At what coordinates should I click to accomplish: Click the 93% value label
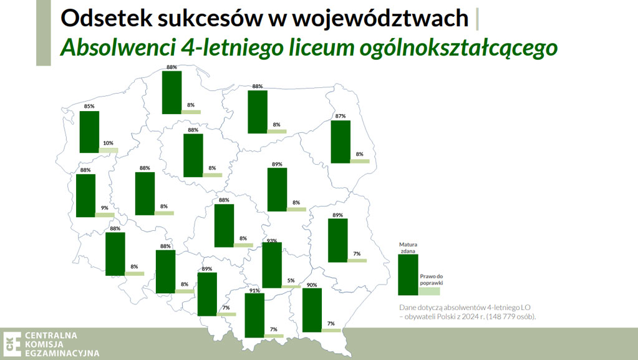point(271,240)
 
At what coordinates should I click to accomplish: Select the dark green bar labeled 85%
point(89,132)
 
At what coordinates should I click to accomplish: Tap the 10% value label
point(108,143)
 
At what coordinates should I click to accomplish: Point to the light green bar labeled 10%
point(109,150)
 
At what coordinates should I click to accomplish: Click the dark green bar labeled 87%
point(341,142)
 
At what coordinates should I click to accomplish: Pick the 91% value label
point(254,290)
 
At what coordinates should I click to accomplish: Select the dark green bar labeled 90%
point(311,309)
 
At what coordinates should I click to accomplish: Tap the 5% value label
point(291,281)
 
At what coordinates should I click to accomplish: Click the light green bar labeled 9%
point(105,215)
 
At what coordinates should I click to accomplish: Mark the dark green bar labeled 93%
point(271,265)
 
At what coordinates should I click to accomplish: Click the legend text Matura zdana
point(408,248)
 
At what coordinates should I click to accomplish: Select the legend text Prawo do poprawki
point(432,280)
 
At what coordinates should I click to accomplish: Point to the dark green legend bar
point(408,275)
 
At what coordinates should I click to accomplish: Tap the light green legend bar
point(429,291)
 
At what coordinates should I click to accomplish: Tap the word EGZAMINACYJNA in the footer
point(62,354)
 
